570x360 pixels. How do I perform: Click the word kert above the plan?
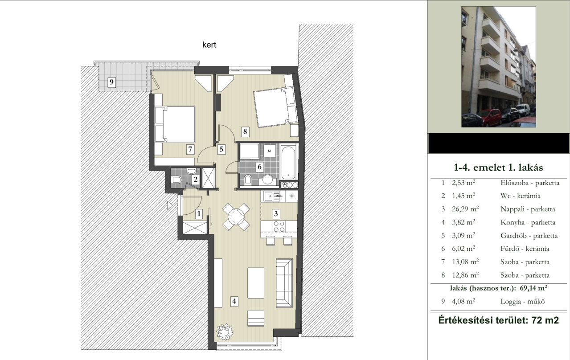point(209,45)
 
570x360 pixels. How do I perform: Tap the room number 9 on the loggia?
point(111,82)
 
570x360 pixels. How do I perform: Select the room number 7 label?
point(190,149)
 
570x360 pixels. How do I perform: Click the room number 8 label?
point(245,131)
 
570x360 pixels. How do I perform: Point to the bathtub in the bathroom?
point(288,162)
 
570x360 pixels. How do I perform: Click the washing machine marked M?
point(270,151)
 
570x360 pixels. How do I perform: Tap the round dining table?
point(236,217)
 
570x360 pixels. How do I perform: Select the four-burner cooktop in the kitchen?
point(279,226)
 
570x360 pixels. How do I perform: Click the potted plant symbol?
point(224,331)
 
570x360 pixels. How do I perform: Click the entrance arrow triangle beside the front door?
point(170,205)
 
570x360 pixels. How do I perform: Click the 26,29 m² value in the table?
point(465,209)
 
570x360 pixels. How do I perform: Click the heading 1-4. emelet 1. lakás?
point(498,167)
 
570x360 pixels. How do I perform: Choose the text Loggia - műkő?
point(522,301)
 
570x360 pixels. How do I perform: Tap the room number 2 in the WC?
point(196,180)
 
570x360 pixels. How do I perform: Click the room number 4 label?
point(234,302)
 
